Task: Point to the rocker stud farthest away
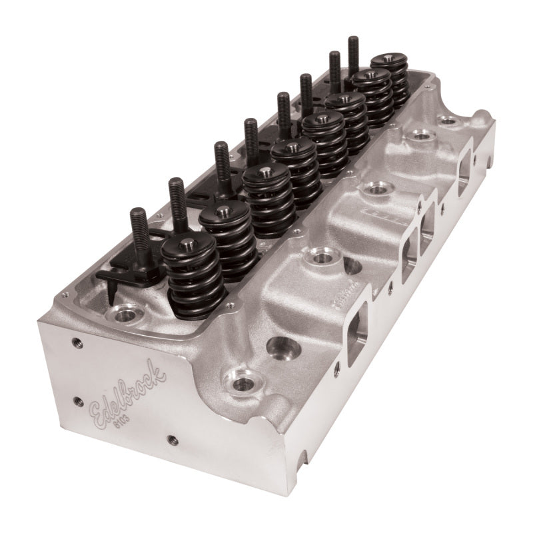coord(353,53)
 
